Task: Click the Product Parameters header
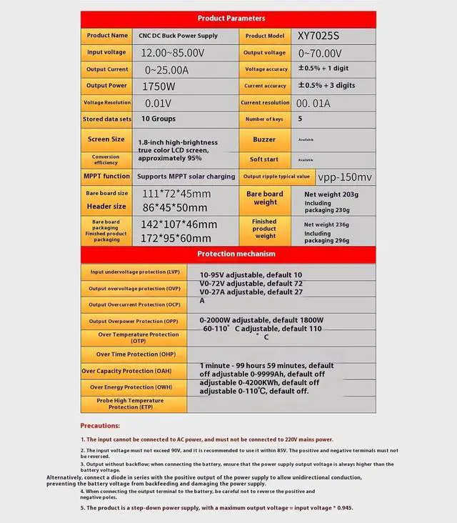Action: tap(231, 18)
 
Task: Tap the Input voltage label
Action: tap(106, 52)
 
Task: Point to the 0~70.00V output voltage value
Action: tap(320, 53)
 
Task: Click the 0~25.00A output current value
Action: tap(166, 69)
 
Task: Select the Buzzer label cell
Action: tap(264, 140)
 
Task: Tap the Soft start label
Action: tap(264, 159)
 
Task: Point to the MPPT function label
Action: tap(106, 176)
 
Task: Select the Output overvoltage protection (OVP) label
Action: tap(134, 288)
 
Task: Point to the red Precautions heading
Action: tap(99, 426)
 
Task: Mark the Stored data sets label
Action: tap(107, 119)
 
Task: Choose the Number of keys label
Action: tap(264, 119)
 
